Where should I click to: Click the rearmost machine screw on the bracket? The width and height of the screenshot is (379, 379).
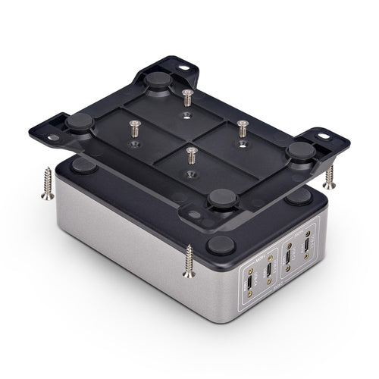(186, 98)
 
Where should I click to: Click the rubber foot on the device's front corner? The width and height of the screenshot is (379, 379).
(220, 244)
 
